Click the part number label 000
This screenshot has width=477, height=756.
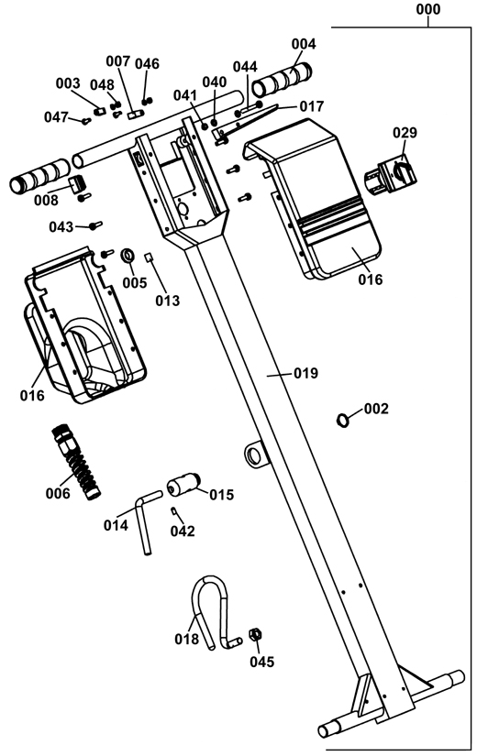pyautogui.click(x=428, y=9)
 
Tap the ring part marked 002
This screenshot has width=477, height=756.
pyautogui.click(x=342, y=420)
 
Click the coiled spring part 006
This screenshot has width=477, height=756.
pyautogui.click(x=76, y=462)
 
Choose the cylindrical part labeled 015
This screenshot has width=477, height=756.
pyautogui.click(x=183, y=485)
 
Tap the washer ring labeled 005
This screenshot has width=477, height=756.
pyautogui.click(x=128, y=255)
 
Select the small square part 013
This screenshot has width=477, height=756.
pyautogui.click(x=150, y=256)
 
